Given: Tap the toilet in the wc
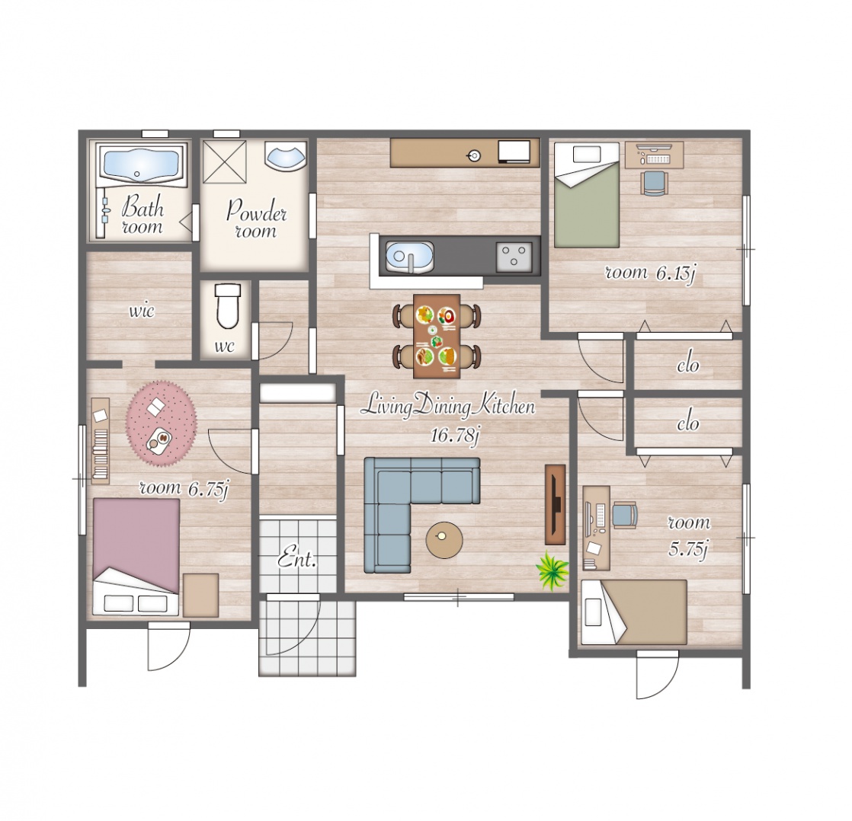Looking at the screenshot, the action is click(227, 305).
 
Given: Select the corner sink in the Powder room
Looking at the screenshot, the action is click(285, 156).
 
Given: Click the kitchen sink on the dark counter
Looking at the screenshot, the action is click(409, 257).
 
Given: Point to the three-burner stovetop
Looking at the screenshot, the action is click(514, 257).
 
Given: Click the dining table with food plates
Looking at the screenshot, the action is click(437, 336).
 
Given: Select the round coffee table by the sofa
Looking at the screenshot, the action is click(444, 540).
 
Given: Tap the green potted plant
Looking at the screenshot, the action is click(551, 570).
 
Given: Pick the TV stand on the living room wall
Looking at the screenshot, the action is click(555, 504).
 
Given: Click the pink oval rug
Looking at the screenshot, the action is click(162, 423).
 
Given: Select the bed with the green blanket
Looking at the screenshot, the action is click(586, 195).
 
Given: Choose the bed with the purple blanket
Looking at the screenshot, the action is click(136, 557).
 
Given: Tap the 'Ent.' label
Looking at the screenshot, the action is click(297, 559).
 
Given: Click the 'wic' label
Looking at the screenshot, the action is click(141, 311).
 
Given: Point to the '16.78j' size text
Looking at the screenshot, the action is click(454, 436).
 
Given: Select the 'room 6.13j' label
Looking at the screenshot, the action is click(650, 273).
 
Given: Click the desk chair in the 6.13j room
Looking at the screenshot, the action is click(652, 183).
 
